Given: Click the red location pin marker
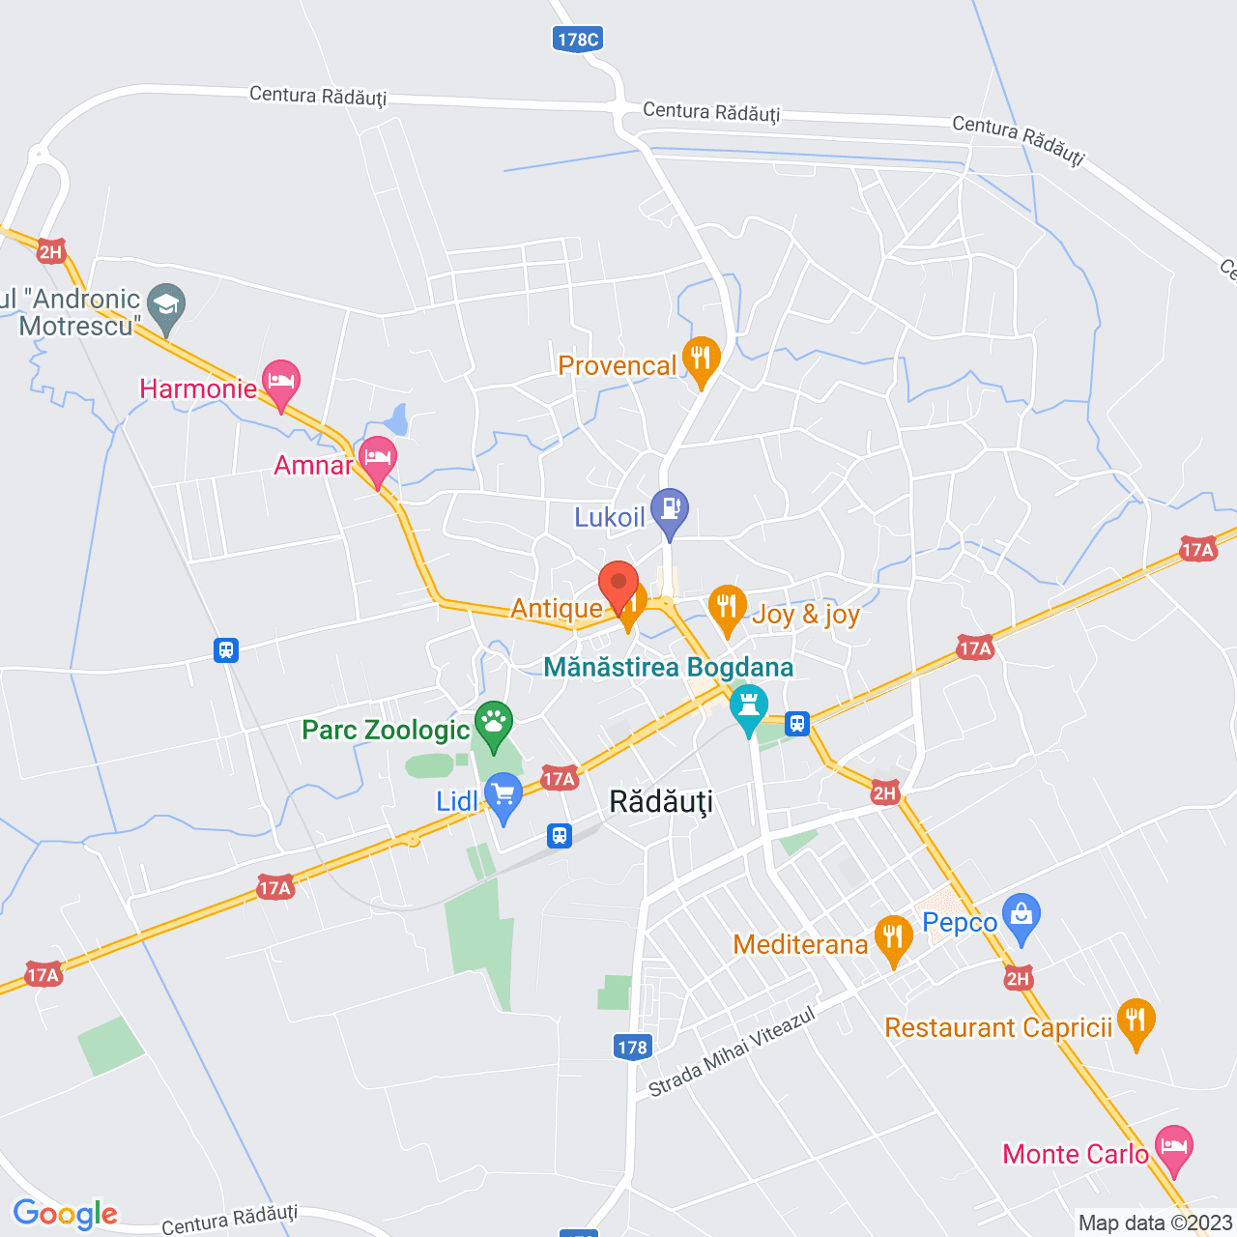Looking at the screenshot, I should point(618,585).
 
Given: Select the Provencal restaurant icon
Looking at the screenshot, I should point(701,359).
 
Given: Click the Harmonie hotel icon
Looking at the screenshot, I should point(280,381).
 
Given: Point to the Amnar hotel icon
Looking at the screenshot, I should point(377,457).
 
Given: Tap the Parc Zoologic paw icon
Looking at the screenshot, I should point(494,722).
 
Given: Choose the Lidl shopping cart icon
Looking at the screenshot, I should point(503,795).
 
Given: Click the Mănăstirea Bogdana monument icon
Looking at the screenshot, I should point(748,706).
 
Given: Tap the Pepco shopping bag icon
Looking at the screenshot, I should point(1021,914).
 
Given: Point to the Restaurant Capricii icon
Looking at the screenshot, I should point(1136,1020).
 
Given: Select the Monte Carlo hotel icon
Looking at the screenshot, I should point(1174,1147).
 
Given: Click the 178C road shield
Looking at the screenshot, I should point(578,39).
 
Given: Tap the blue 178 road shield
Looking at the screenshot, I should point(632,1047).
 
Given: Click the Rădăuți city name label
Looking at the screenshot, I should point(661,802).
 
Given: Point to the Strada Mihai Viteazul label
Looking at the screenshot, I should point(732,1051).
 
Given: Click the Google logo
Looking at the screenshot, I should point(66,1214).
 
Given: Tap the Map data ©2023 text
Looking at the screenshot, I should point(1155,1223).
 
